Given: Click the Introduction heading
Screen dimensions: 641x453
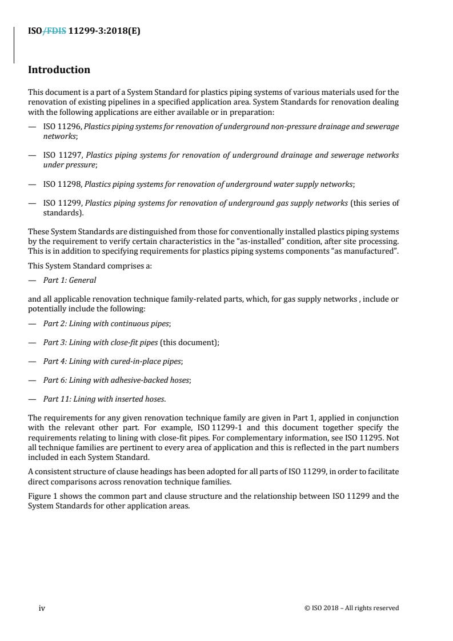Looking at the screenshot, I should [x=59, y=70].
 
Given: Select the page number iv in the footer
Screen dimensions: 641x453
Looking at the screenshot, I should [x=42, y=608].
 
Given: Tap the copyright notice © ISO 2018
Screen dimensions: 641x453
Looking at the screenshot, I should [x=352, y=608].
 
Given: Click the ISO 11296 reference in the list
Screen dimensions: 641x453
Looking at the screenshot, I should [x=62, y=126].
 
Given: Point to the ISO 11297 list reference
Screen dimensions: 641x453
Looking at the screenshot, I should [x=62, y=155].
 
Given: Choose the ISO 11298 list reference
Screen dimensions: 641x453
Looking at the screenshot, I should [x=62, y=184].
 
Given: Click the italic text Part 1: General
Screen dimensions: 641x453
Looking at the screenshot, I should [x=70, y=280].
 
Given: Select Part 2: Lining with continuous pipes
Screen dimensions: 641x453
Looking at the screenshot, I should [x=106, y=323].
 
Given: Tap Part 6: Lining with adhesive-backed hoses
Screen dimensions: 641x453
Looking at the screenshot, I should [x=117, y=380].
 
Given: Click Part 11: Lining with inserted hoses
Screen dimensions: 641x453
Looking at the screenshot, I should [x=104, y=399].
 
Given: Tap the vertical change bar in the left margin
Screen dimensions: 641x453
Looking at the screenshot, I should [x=14, y=44].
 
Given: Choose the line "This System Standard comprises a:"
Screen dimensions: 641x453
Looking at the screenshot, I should [x=90, y=266].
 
